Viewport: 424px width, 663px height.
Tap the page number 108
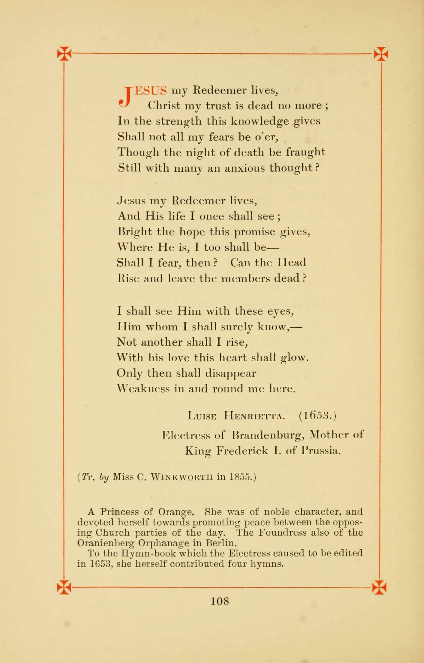click(220, 601)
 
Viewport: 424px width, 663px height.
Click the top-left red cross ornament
click(64, 53)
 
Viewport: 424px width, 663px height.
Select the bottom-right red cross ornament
click(379, 587)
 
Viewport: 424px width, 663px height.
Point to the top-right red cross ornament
click(381, 54)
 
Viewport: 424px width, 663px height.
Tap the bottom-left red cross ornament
click(64, 587)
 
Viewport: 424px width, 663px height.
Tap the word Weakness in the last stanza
click(143, 389)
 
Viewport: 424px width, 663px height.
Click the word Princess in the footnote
click(119, 512)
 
